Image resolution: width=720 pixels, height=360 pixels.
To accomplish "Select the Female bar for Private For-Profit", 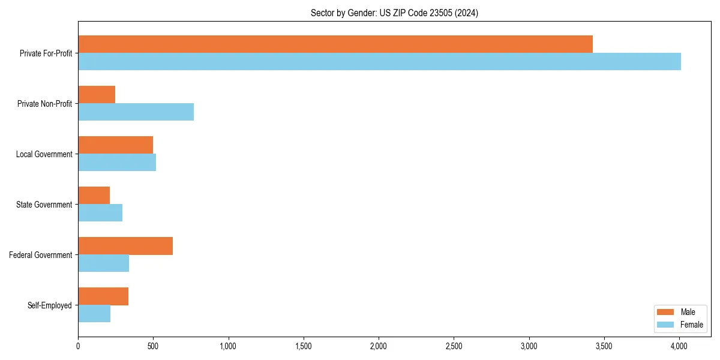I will click(379, 62).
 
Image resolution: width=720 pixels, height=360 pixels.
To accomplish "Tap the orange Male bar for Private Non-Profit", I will click(97, 95).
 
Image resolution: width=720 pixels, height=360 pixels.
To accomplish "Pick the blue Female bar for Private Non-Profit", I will click(136, 112).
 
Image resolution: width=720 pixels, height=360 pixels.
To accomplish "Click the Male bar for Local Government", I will click(115, 145).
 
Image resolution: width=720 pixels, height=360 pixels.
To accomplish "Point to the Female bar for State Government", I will click(100, 213).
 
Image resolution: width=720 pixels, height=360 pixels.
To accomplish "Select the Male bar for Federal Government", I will click(125, 246).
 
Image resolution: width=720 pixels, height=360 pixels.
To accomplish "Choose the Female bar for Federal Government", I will click(103, 263).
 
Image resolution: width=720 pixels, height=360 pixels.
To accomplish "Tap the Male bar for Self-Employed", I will click(103, 296).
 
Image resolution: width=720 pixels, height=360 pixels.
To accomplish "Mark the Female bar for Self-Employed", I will click(94, 314).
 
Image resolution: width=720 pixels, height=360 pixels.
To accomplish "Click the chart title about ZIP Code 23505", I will click(394, 13).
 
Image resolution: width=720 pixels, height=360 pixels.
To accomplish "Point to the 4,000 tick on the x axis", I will click(679, 346).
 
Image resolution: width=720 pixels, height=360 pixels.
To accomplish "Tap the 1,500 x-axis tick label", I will click(304, 346).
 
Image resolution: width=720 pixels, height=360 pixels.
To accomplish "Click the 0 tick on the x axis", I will click(78, 346).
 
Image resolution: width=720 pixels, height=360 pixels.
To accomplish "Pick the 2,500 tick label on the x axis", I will click(454, 346).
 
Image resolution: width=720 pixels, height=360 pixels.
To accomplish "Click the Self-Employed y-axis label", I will click(50, 305).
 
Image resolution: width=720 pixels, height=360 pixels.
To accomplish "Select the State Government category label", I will click(44, 205).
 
